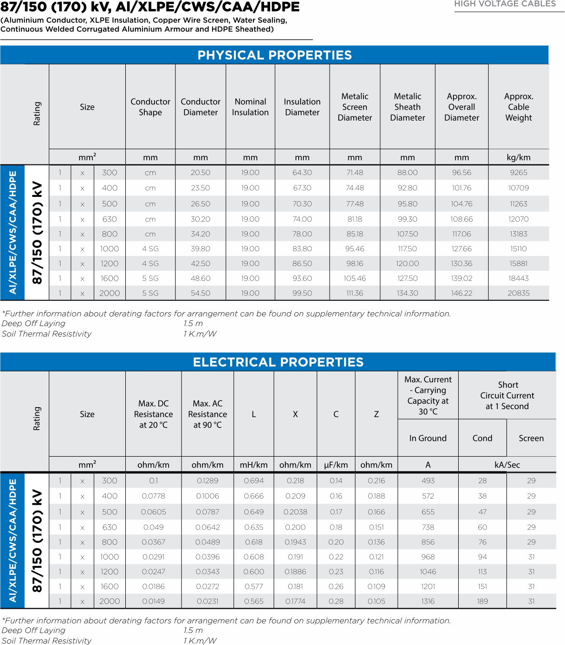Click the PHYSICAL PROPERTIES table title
274,55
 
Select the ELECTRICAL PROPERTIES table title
278,362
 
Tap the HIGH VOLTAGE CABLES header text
505,4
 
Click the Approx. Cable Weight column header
518,107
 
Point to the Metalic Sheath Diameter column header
407,107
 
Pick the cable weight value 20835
518,293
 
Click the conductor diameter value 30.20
200,219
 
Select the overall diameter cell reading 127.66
461,249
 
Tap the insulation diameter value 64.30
302,173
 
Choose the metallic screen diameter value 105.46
354,278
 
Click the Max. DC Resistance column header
153,414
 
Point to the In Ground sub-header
428,438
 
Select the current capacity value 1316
428,601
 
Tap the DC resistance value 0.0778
153,496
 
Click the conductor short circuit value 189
482,601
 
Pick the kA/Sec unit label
507,465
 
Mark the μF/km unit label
336,465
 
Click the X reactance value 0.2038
295,512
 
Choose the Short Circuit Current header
507,395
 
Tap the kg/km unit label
518,157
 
